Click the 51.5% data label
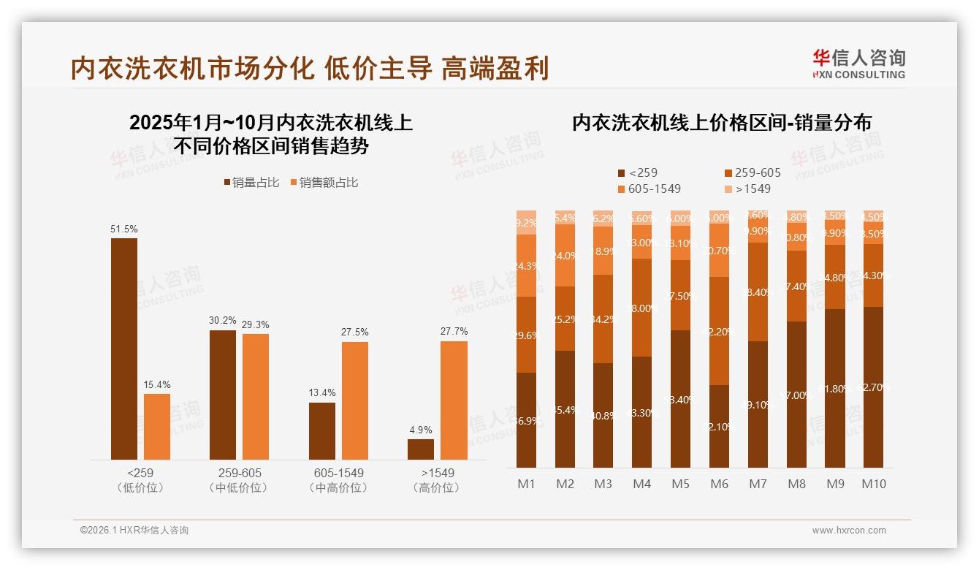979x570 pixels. (x=124, y=229)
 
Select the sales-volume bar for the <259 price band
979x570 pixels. (x=124, y=349)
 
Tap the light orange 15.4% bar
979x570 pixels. (x=157, y=427)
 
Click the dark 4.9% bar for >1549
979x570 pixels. (x=421, y=449)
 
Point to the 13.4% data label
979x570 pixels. (x=322, y=393)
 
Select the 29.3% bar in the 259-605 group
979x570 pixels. (x=256, y=397)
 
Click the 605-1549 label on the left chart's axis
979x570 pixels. (x=338, y=473)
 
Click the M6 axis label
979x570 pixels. (x=719, y=484)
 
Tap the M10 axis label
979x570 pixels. (x=873, y=484)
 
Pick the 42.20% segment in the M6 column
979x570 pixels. (x=719, y=331)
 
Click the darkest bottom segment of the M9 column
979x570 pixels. (x=835, y=389)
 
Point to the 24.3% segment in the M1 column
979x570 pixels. (x=526, y=266)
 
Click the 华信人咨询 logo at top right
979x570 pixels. (x=858, y=64)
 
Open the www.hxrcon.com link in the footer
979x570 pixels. (x=849, y=531)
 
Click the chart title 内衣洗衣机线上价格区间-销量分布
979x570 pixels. (x=721, y=123)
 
